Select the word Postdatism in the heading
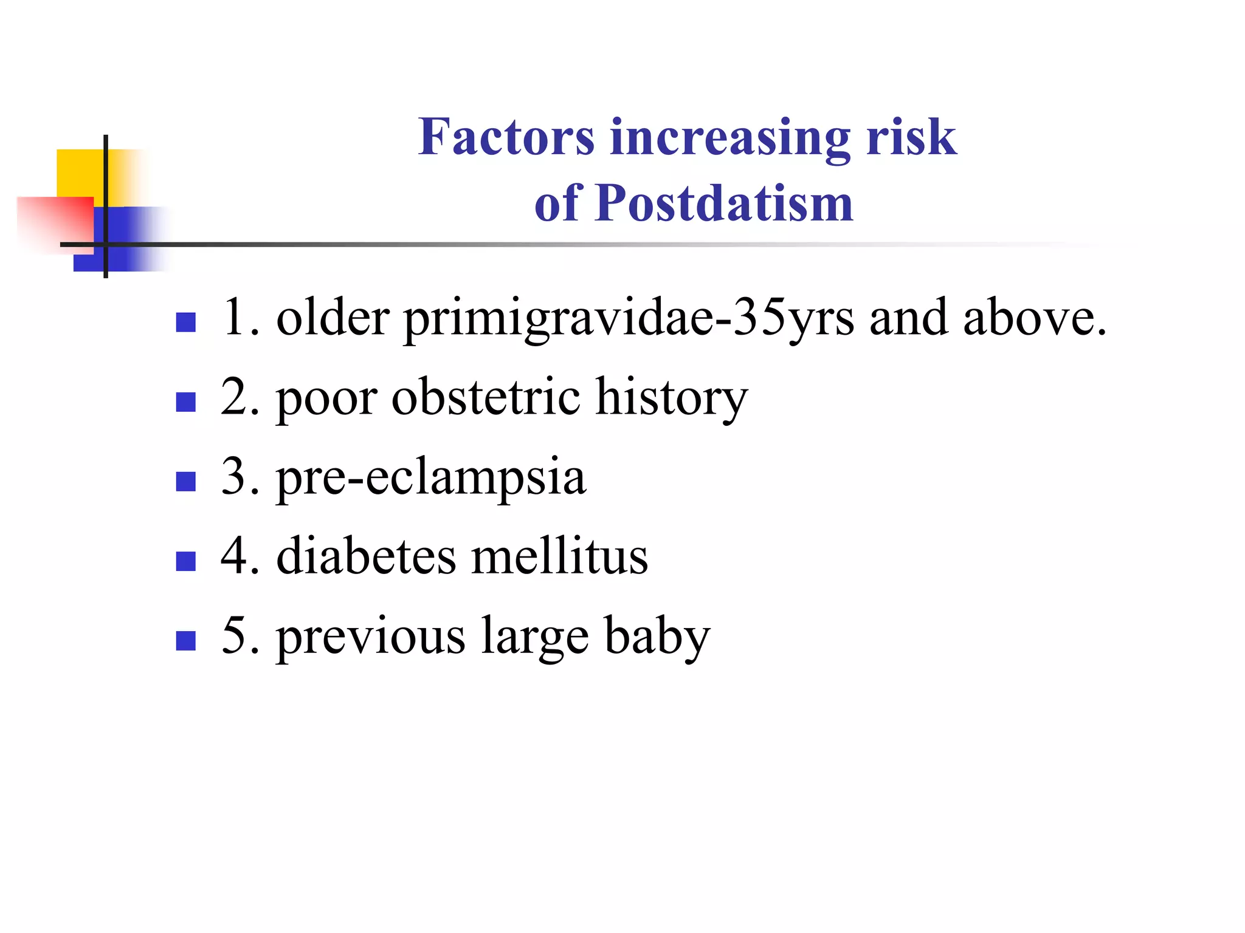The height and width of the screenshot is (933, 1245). coord(724,203)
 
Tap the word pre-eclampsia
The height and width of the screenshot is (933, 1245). coord(431,478)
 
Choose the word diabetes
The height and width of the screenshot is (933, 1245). coord(366,556)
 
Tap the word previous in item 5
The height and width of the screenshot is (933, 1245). coord(371,637)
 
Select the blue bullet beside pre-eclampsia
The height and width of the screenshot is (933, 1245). coord(185,481)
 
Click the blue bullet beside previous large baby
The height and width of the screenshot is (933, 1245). coord(185,641)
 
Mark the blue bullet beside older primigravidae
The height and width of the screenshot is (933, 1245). coord(185,322)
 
